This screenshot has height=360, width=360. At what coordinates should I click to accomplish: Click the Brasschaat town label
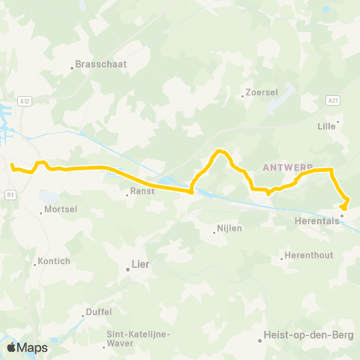coord(102,64)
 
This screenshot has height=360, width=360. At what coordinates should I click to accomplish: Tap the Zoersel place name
coord(262,93)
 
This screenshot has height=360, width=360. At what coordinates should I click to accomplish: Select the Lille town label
coord(326,127)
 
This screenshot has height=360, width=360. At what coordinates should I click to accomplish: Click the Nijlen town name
coord(229,228)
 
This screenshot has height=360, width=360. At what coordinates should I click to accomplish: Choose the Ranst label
coord(142,192)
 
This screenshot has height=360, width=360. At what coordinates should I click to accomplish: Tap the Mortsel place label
coord(61,210)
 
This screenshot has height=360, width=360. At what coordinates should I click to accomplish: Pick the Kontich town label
coord(55,261)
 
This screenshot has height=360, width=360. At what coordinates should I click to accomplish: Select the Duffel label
coord(99,312)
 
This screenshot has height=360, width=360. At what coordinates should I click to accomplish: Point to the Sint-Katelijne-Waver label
coord(138,338)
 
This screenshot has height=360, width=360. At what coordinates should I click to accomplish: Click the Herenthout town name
coord(309,256)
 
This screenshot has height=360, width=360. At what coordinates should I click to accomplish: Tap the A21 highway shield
coord(333,99)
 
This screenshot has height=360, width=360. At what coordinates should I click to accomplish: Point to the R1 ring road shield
coord(10,195)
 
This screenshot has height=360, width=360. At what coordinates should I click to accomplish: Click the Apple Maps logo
coord(26,347)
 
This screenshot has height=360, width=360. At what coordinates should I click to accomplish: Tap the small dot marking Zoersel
coord(242,95)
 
